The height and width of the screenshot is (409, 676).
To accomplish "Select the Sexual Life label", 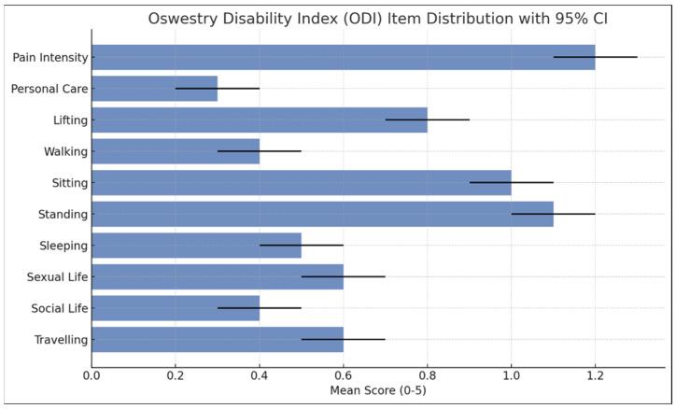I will pyautogui.click(x=57, y=277).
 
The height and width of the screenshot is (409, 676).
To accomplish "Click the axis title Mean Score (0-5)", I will pyautogui.click(x=378, y=390).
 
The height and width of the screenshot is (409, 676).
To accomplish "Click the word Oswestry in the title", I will pyautogui.click(x=184, y=20).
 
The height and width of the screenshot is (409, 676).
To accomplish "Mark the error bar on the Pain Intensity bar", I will pyautogui.click(x=595, y=57).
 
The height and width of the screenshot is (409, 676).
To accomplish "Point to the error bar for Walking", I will pyautogui.click(x=260, y=151).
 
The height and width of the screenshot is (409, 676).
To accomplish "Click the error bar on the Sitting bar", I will pyautogui.click(x=511, y=182).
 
